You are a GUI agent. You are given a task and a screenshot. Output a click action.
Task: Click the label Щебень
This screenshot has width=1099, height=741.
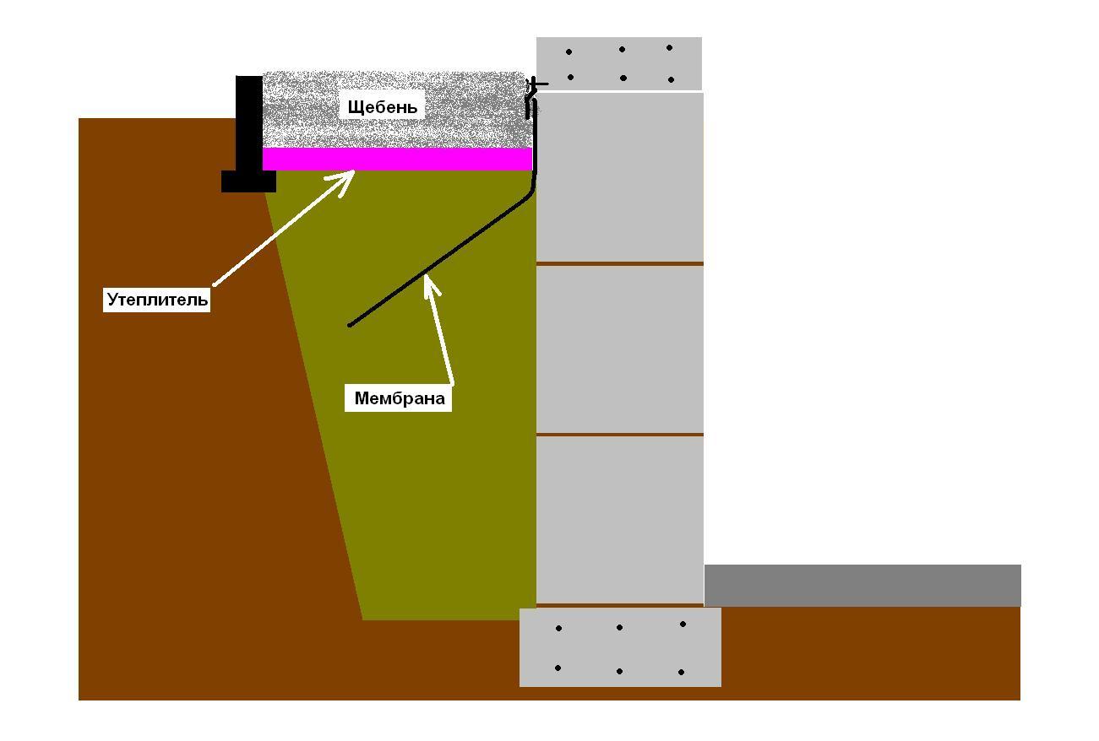pos(382,107)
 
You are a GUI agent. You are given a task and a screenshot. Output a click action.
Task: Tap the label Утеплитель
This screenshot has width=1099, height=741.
pos(157,300)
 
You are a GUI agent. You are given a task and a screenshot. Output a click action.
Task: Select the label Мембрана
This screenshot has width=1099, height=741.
pos(400,398)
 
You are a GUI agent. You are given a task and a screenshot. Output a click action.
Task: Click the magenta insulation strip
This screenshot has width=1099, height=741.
pos(397,159)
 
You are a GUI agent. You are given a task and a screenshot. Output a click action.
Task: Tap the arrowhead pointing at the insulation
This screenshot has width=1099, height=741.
pos(345,181)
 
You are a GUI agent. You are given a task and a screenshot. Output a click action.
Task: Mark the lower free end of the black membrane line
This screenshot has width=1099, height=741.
pos(350,325)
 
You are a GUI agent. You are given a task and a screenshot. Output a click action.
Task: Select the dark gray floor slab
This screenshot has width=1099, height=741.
pos(862,585)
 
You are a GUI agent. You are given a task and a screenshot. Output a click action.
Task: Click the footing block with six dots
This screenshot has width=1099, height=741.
pos(620,647)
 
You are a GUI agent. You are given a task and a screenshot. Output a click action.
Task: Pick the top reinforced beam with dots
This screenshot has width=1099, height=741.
pos(619,63)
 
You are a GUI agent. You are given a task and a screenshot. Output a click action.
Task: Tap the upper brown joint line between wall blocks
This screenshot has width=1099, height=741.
pos(620,263)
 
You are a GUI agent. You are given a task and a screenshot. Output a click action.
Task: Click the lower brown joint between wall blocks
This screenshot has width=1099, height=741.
pos(620,435)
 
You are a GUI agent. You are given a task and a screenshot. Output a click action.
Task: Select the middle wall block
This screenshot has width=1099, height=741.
pos(620,349)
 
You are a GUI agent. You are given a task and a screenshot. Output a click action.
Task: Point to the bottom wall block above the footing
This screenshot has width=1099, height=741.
pos(620,520)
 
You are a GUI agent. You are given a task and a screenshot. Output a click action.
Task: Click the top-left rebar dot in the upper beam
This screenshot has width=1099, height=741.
pos(569,52)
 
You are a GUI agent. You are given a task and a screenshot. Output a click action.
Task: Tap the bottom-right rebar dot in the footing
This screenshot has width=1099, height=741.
pos(681,672)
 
